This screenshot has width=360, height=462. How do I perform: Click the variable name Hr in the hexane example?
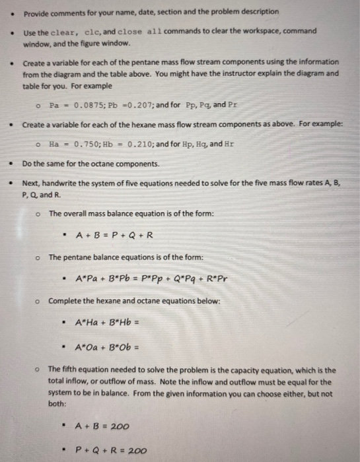tap(231, 145)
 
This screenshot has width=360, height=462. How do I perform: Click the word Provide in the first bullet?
tap(38, 12)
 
